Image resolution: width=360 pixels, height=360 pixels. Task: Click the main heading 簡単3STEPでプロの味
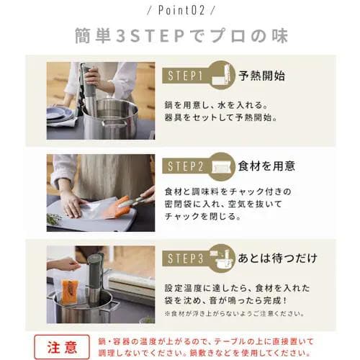click(179, 35)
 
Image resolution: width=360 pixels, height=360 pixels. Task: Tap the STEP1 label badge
click(189, 75)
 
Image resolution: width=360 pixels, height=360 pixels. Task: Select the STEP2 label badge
click(189, 166)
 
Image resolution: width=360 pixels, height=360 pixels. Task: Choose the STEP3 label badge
click(189, 257)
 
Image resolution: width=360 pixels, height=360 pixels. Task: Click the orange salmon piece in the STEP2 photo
click(120, 207)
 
